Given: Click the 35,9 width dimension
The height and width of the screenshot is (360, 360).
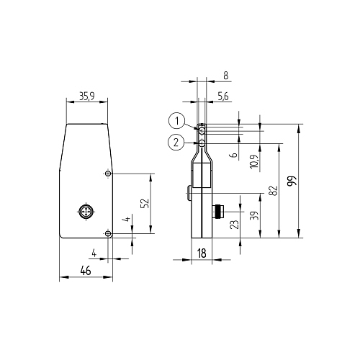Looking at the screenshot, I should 86,95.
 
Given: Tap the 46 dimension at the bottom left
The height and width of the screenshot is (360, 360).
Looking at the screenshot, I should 85,270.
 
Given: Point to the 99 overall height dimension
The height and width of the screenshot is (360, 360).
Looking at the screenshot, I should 291,180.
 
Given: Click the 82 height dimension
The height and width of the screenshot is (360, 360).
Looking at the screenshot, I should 272,190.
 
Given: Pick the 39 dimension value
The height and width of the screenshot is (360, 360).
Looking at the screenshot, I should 253,215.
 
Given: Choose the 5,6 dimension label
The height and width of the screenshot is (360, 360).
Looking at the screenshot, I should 223,95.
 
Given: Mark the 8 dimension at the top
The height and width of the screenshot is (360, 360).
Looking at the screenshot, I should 225,74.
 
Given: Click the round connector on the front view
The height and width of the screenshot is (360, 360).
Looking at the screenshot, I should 85,212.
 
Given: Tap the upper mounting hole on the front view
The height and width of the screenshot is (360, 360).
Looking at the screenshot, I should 107,174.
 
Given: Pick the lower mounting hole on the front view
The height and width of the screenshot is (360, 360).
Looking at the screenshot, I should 107,233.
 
